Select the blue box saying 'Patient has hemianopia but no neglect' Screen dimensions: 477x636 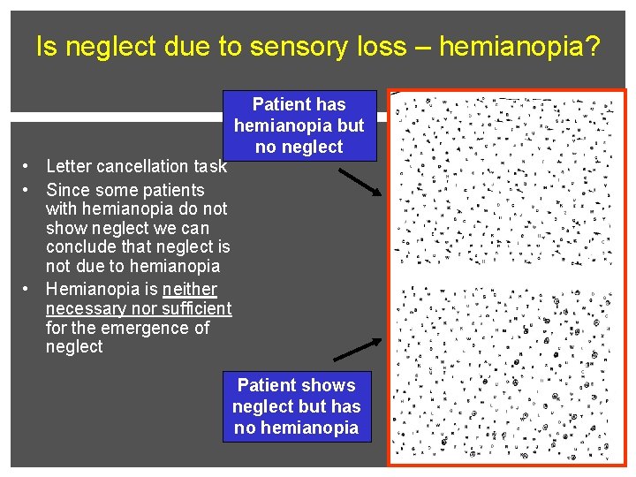click(x=299, y=125)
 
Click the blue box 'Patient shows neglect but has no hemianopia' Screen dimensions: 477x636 click(x=297, y=406)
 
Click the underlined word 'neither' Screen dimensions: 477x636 click(x=190, y=290)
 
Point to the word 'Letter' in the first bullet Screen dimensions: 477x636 click(x=69, y=166)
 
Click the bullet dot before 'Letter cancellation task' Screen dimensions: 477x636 click(x=29, y=166)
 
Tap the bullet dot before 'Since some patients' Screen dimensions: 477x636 click(x=29, y=190)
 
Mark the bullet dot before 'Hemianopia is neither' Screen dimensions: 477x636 click(x=29, y=289)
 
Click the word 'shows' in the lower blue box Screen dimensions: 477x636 click(x=327, y=385)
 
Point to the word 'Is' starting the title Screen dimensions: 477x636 click(x=45, y=47)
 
